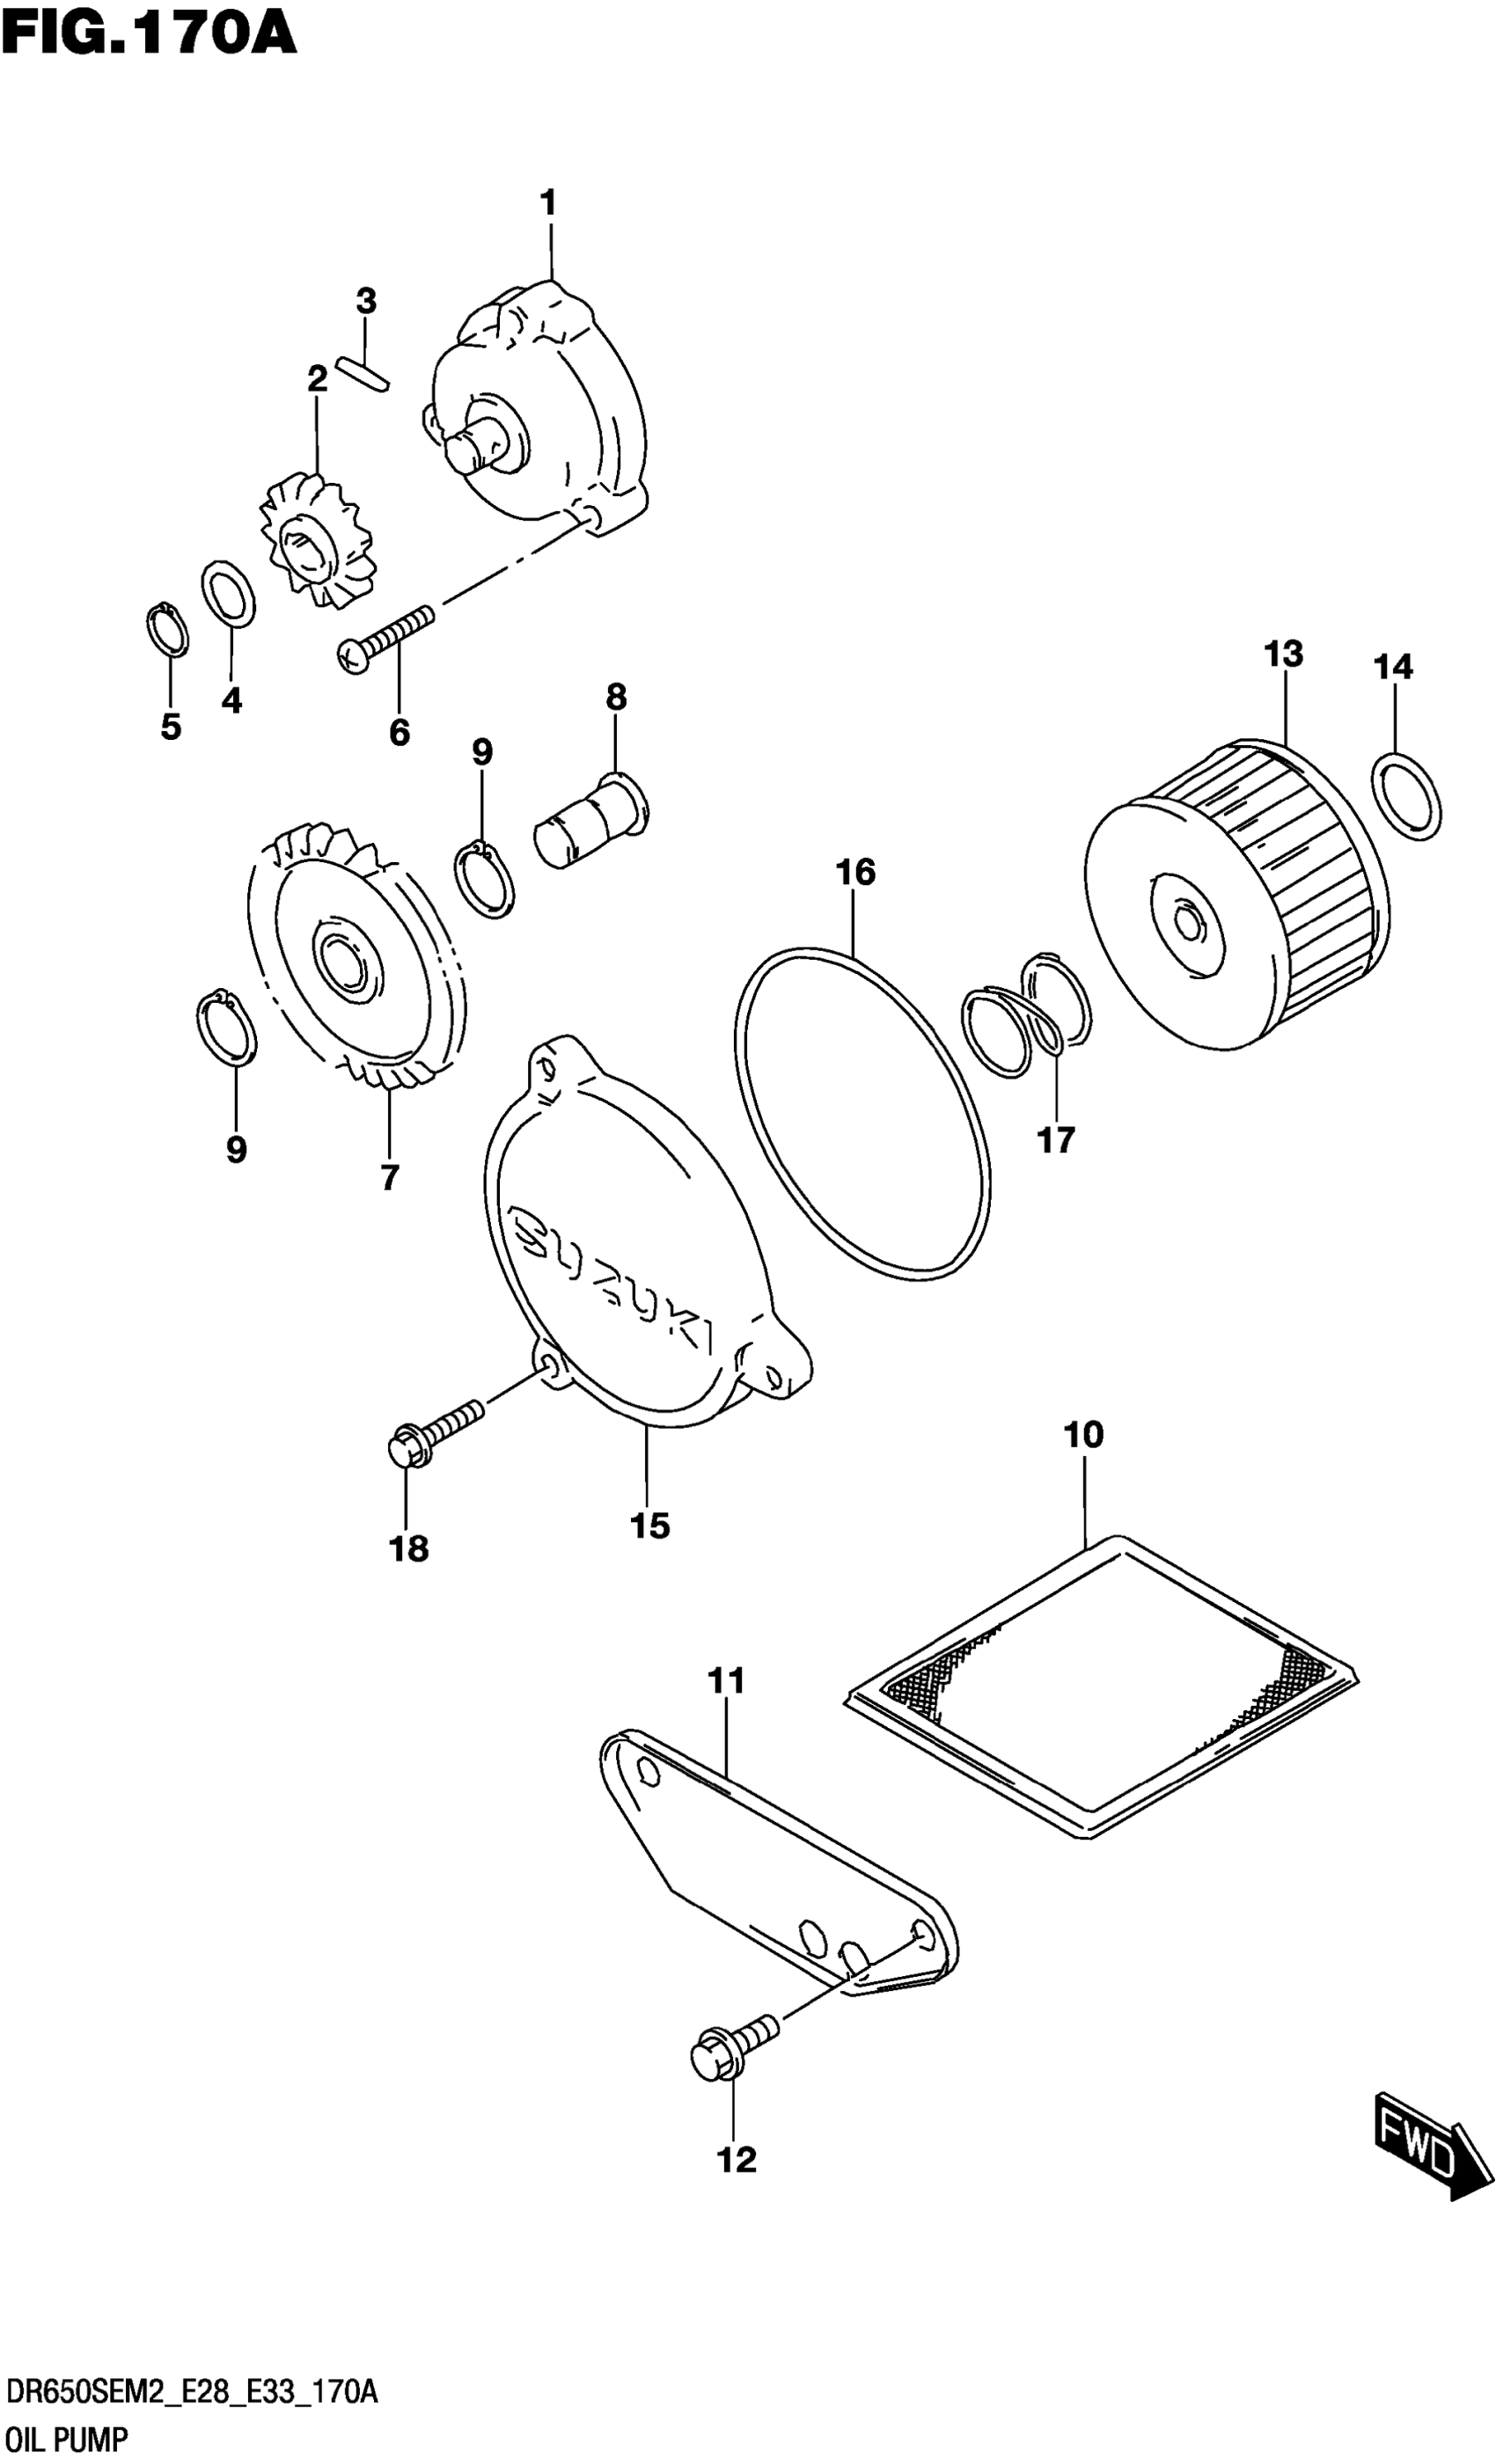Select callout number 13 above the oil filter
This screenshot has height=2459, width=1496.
pos(1283,655)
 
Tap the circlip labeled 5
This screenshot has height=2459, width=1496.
pos(166,631)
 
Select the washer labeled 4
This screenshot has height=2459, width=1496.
pos(229,596)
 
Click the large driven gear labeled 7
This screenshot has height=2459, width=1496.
pos(357,958)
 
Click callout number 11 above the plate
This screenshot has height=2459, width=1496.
pos(727,1681)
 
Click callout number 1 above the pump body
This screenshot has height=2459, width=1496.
pos(548,203)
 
